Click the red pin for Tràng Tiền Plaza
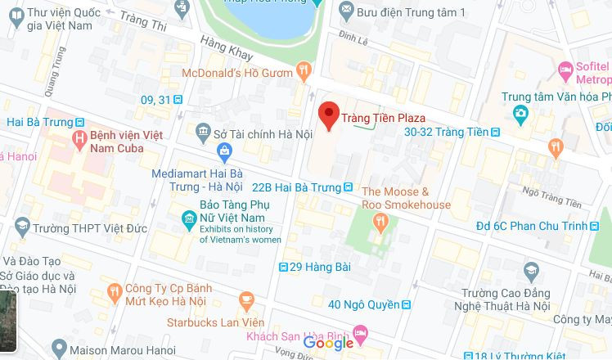pyautogui.click(x=329, y=115)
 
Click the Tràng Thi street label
pyautogui.click(x=143, y=22)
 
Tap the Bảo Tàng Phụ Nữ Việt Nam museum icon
pyautogui.click(x=188, y=218)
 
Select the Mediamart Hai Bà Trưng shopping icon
pyautogui.click(x=225, y=151)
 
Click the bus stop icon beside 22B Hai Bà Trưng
pyautogui.click(x=349, y=187)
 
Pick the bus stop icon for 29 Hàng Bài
pyautogui.click(x=283, y=267)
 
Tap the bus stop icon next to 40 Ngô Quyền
pyautogui.click(x=406, y=304)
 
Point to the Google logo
pyautogui.click(x=328, y=344)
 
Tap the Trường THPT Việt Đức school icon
pyautogui.click(x=22, y=227)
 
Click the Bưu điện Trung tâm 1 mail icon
pyautogui.click(x=346, y=11)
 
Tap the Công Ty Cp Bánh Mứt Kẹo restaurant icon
pyautogui.click(x=114, y=290)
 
